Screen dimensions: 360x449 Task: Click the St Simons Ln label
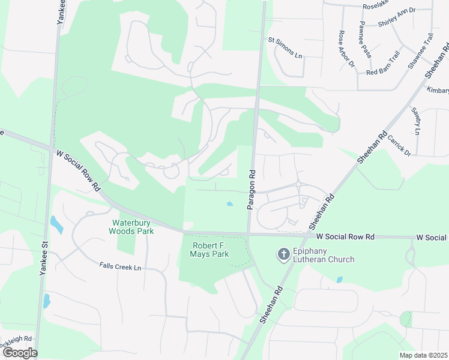[285, 48]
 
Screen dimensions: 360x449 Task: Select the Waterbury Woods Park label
[132, 227]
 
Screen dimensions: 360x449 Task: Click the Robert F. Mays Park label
[211, 250]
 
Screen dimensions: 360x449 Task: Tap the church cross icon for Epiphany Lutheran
[283, 255]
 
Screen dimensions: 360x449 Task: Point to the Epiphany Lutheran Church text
[324, 255]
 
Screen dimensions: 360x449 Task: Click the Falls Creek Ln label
[120, 267]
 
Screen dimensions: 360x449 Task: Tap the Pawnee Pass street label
[365, 40]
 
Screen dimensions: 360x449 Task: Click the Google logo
[19, 353]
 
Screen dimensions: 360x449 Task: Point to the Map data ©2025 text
[423, 355]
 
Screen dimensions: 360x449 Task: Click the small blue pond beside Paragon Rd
[230, 205]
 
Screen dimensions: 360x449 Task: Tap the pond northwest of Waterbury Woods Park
[56, 224]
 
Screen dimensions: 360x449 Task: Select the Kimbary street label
[438, 90]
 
